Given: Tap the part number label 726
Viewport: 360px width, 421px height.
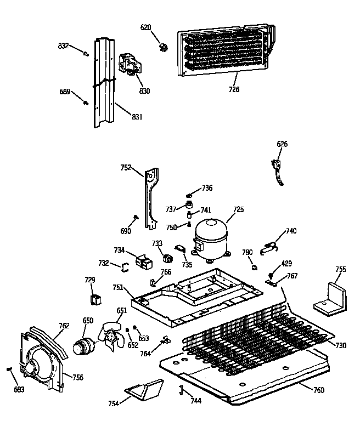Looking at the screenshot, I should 234,89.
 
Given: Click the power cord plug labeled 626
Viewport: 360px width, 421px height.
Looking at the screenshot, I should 278,167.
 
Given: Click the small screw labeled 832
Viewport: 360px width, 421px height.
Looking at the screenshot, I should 86,53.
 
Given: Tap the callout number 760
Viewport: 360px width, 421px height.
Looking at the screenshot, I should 318,390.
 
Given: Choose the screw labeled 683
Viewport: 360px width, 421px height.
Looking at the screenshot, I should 10,370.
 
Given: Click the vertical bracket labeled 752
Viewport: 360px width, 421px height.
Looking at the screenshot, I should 151,197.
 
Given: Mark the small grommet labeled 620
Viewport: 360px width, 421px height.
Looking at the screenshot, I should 162,47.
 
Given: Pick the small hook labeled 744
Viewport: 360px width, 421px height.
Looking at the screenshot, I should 179,390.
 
